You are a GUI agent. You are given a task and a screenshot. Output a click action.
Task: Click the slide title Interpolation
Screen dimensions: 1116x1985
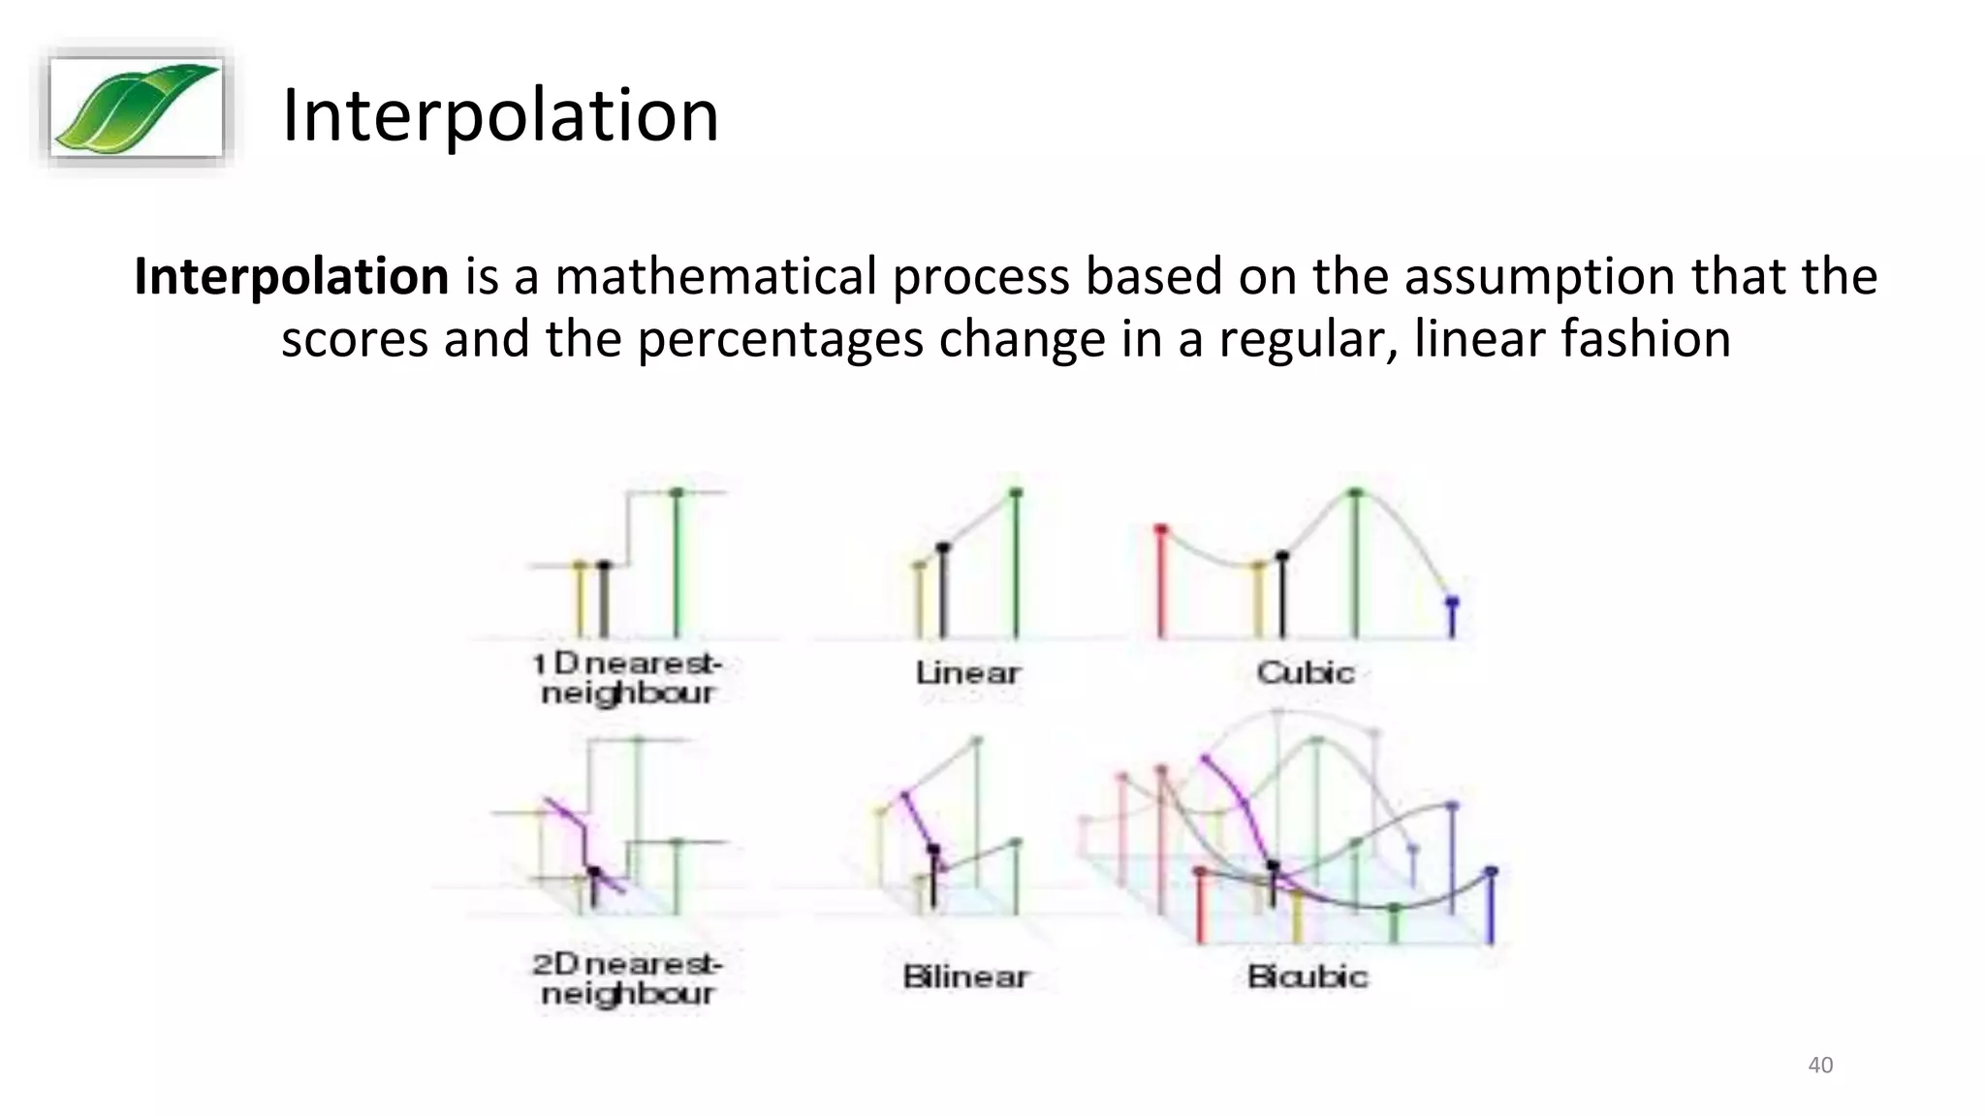point(500,115)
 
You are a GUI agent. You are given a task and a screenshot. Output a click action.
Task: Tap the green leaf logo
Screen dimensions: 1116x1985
point(136,107)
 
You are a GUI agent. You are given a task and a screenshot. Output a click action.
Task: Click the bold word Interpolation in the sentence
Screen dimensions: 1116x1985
point(292,277)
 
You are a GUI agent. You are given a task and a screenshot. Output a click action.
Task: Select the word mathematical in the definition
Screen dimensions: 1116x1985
point(715,277)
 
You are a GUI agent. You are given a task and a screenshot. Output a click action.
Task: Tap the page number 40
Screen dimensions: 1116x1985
point(1820,1066)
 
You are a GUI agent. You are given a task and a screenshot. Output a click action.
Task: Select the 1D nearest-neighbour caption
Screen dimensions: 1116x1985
point(628,678)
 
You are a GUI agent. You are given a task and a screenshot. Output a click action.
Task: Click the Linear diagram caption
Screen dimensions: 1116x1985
point(967,672)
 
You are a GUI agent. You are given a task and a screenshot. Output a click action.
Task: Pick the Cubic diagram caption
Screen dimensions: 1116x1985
point(1306,672)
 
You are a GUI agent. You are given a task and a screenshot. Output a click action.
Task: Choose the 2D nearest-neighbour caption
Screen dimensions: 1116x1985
point(628,978)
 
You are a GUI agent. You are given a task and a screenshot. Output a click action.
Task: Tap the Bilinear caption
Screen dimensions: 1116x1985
point(965,976)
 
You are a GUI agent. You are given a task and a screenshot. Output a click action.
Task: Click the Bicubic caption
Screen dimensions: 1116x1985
point(1308,976)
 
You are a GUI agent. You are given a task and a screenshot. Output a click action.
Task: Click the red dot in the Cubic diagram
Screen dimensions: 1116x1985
point(1160,530)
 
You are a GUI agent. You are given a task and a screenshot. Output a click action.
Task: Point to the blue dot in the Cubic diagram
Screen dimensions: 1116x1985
point(1451,603)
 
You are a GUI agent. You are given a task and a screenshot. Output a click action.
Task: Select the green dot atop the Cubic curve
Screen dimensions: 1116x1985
point(1356,493)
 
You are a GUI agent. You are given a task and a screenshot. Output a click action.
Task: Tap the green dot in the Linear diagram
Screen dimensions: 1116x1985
point(1016,493)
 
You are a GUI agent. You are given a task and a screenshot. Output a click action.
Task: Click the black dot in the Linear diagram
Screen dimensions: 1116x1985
point(943,548)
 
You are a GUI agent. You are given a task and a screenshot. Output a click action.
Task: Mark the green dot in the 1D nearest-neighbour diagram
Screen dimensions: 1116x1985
point(677,493)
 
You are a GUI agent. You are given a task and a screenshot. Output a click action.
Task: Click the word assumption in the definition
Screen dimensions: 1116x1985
point(1540,277)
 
